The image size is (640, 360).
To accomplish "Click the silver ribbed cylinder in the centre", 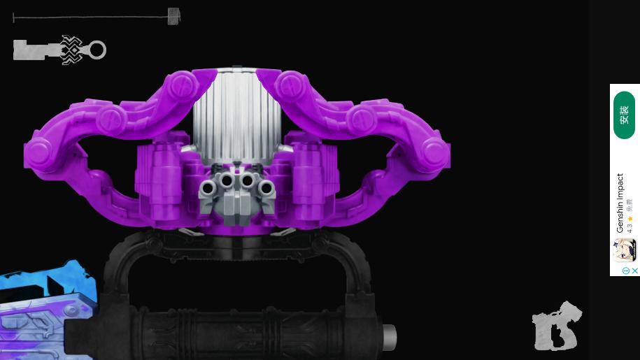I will [x=236, y=115].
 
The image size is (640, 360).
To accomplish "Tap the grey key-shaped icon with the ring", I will [x=59, y=50].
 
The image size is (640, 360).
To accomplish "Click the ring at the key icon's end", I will [x=97, y=50].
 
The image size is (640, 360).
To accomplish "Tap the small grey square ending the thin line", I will [x=173, y=16].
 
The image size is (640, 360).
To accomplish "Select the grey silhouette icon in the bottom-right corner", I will [x=557, y=326].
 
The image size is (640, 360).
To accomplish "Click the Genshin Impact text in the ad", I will [x=620, y=203].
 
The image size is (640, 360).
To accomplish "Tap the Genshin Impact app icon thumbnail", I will [x=624, y=250].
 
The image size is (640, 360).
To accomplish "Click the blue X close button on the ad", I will [x=635, y=271].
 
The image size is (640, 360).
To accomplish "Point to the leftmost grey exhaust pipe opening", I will [x=208, y=189].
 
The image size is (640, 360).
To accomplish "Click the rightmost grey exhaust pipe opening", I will [x=266, y=189].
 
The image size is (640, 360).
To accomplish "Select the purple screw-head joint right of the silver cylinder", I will [x=287, y=85].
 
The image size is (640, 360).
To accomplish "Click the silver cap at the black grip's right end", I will [x=388, y=338].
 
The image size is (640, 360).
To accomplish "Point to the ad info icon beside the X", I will [x=625, y=271].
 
